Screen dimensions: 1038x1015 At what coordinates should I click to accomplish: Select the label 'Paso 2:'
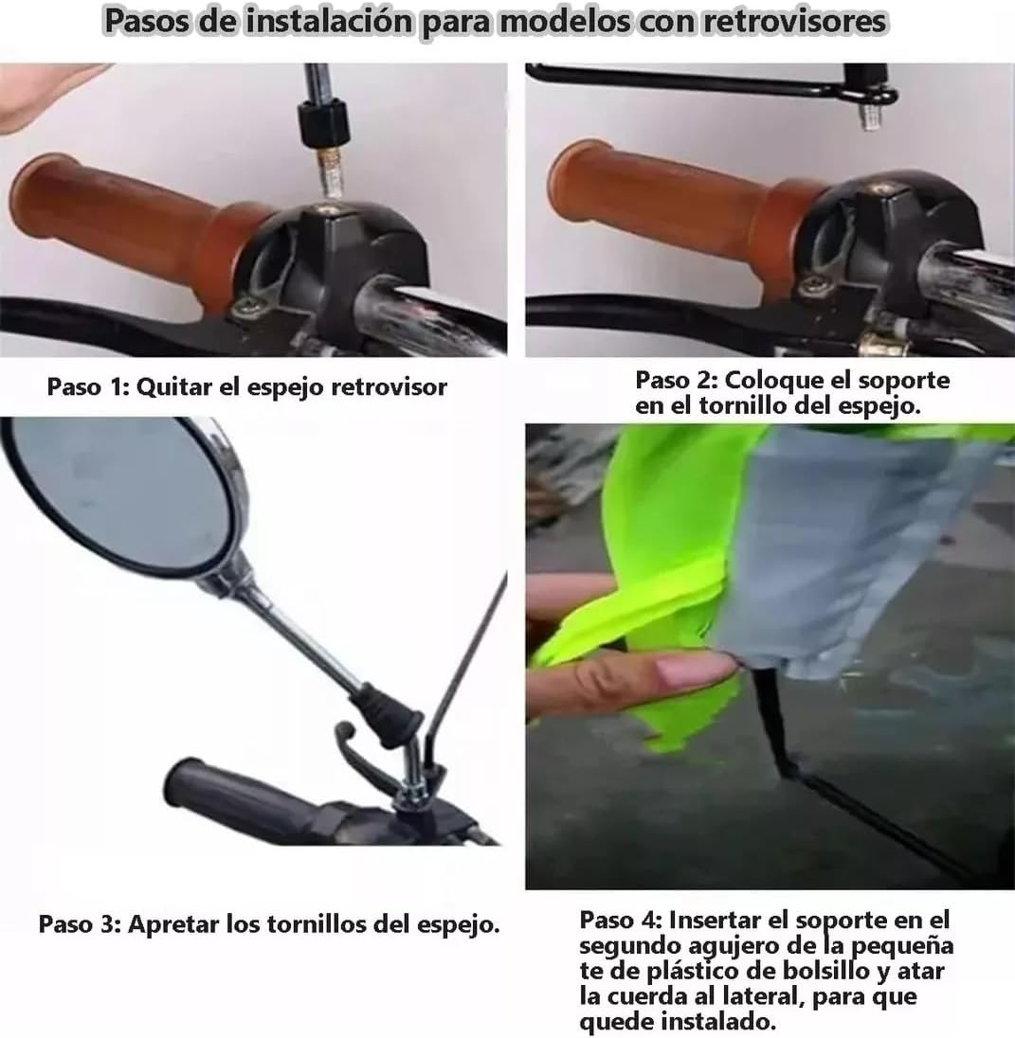tap(676, 380)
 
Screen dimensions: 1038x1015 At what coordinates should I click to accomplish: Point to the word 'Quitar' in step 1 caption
tap(172, 387)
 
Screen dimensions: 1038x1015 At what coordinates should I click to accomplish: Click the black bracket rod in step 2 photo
tap(682, 80)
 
